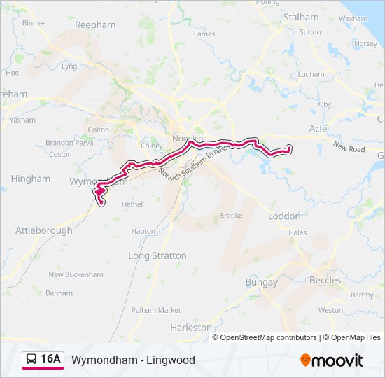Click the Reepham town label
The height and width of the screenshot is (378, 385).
coord(95,24)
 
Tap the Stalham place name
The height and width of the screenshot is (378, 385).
coord(301,17)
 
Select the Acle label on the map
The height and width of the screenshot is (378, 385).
coord(318,129)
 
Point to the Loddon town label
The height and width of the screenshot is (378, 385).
coord(284,216)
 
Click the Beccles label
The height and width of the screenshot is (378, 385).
coord(325,280)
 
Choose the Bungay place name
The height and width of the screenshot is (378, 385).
coord(261,282)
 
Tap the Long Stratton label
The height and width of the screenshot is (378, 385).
coord(157,255)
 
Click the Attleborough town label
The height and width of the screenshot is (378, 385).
coord(44,230)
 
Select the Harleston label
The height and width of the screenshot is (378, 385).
coord(191,327)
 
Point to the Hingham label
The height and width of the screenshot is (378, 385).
coord(31,178)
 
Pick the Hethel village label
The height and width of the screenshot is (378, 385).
coord(132,204)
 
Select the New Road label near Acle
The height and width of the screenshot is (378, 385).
coord(349,148)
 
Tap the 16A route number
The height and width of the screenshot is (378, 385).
coord(51,360)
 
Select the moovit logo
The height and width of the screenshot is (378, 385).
coord(332,360)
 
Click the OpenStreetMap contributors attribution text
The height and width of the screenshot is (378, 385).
coord(269,337)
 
